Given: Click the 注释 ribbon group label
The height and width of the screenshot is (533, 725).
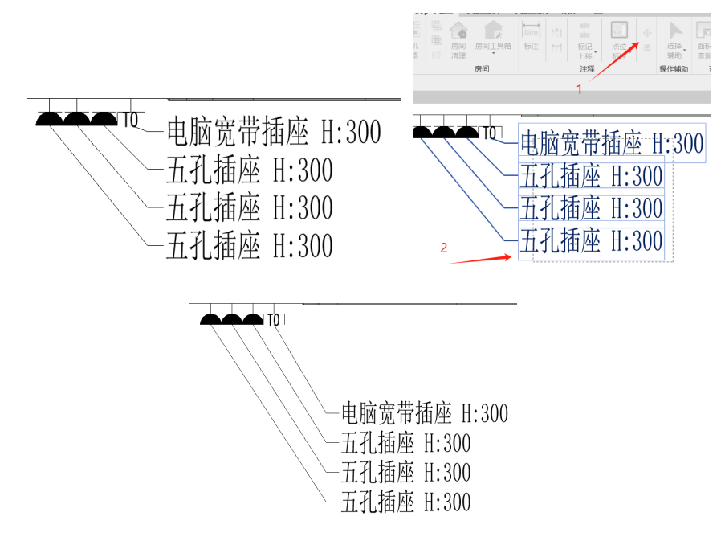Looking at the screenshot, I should click(587, 69).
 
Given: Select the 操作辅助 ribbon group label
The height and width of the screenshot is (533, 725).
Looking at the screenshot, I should click(674, 69).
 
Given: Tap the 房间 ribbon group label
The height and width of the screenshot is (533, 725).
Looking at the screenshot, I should click(482, 69).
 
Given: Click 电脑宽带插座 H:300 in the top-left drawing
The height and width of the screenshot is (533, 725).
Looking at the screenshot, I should click(273, 132).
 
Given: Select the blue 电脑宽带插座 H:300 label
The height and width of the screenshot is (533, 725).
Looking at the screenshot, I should click(612, 145).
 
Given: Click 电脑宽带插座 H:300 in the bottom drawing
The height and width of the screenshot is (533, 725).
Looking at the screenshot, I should click(424, 414).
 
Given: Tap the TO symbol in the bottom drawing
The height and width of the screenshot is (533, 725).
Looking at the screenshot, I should click(274, 320).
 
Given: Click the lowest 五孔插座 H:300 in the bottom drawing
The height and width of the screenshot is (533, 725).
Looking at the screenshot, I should click(405, 503).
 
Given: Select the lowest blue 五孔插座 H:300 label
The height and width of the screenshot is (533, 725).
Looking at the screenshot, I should click(592, 241).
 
